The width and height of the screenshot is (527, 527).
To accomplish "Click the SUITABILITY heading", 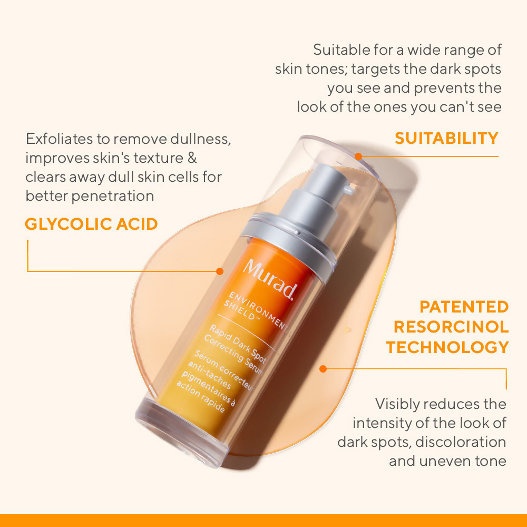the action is pos(446,138).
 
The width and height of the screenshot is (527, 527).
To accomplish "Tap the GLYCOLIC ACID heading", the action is pos(91,224).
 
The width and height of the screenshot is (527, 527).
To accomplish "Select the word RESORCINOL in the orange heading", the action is pos(451,327).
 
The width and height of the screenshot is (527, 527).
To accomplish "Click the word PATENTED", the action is pos(464,307).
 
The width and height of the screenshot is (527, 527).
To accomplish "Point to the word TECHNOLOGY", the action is pos(447,347).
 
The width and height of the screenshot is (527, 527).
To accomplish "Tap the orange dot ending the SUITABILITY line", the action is pos(358,157).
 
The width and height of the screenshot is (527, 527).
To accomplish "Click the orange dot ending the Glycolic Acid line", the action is pos(220,271).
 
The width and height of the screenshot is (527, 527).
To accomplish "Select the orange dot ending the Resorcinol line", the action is pos(323,369).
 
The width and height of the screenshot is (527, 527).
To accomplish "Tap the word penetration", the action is pos(113,196).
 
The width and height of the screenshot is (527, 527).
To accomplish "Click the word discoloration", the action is pos(461,442).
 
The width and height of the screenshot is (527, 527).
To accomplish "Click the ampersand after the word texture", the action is pos(192,158).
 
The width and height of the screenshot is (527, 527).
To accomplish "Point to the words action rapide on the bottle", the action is pos(201,396).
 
